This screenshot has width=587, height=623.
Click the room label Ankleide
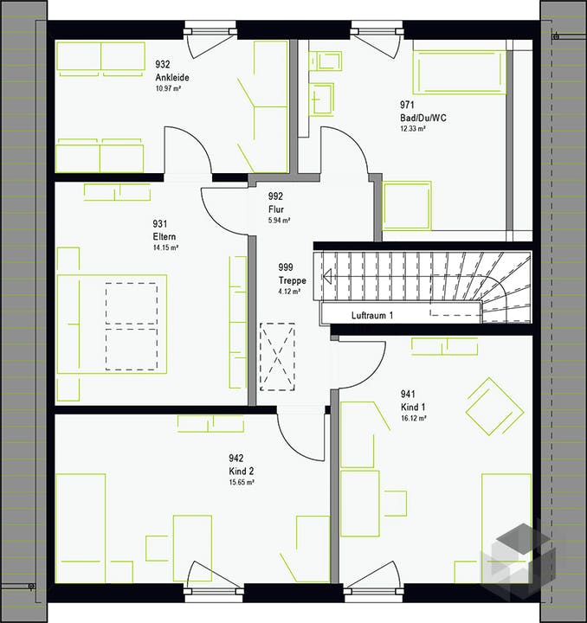point(172,77)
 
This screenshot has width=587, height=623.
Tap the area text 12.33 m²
point(413,129)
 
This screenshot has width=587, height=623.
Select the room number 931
point(160,224)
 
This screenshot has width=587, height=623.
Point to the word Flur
point(276,209)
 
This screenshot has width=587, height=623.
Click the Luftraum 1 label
point(372,316)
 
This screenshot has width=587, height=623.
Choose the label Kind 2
point(242,472)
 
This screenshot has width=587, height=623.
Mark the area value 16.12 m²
point(414,419)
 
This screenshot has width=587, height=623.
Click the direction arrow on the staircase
point(327,276)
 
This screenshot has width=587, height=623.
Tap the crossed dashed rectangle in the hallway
point(277,356)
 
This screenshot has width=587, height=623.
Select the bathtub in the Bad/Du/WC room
point(460,72)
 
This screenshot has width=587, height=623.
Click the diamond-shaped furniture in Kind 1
point(495,407)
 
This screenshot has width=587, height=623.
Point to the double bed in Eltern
point(112,324)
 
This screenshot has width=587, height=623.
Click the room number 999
point(286,267)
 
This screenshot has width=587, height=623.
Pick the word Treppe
point(293,280)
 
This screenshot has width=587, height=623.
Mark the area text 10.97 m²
point(169,88)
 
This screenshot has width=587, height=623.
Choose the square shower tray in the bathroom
point(407,205)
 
